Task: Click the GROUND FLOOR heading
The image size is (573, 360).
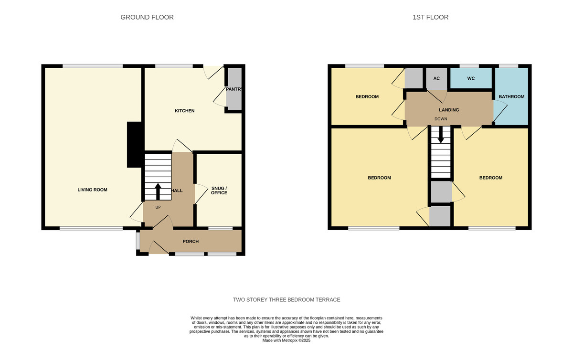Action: point(147,17)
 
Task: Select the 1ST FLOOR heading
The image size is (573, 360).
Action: point(430,17)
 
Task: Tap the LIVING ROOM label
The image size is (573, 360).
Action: point(92,190)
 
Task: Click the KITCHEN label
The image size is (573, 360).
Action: point(184,111)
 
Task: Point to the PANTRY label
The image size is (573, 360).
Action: point(234,89)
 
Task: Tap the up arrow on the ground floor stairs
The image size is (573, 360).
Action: point(158,191)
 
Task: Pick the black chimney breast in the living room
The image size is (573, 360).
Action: point(134,145)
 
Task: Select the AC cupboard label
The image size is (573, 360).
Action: point(436,78)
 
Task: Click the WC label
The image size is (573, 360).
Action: point(471,78)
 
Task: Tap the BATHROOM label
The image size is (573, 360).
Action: point(511,96)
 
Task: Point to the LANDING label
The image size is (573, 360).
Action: point(449,110)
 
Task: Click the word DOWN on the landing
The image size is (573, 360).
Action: point(441,119)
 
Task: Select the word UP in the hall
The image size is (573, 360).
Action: point(158,207)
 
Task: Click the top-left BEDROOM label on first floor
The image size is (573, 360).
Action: point(367,96)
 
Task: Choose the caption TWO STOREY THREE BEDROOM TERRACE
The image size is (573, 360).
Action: point(286,299)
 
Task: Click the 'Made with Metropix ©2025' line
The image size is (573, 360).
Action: point(286,340)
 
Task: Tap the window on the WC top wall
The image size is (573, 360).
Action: point(469,66)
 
